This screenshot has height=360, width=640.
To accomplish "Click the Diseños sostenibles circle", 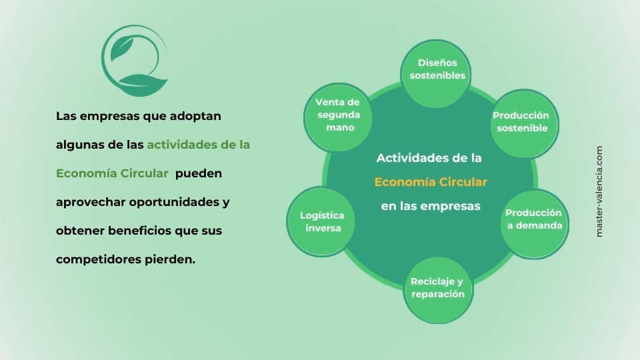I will tap(437, 69).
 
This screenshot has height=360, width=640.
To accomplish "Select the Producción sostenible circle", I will tap(521, 122).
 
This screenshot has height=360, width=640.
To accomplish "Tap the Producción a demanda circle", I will tap(533, 220).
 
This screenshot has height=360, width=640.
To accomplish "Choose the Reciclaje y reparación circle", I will tap(437, 287).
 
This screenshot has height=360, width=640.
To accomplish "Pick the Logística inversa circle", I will tap(322, 222).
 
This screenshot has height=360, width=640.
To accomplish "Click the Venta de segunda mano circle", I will tap(337, 115).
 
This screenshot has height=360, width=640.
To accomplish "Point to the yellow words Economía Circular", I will tap(431, 182).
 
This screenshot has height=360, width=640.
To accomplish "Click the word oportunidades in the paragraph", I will tap(182, 202).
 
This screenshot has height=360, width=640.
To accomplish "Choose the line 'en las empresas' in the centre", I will tap(431, 206).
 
